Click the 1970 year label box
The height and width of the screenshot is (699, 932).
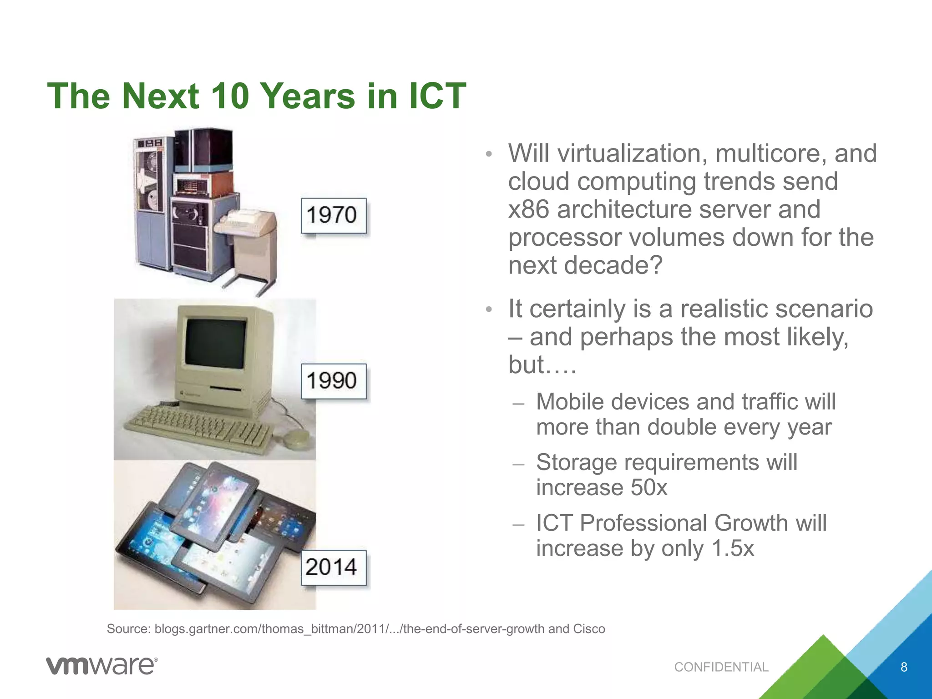[x=334, y=215]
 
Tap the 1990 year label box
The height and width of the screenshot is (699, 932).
[x=334, y=381]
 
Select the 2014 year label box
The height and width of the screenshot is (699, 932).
[x=334, y=567]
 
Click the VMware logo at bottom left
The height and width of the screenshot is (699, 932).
[x=101, y=666]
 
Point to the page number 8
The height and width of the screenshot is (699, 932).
[x=904, y=667]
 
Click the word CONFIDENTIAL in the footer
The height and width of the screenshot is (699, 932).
[x=721, y=667]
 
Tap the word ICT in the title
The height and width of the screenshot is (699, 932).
[x=437, y=96]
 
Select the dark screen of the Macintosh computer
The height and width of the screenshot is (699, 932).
[x=217, y=344]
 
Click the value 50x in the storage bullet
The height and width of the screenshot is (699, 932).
[x=648, y=487]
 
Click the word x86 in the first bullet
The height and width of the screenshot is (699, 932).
[x=528, y=210]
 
